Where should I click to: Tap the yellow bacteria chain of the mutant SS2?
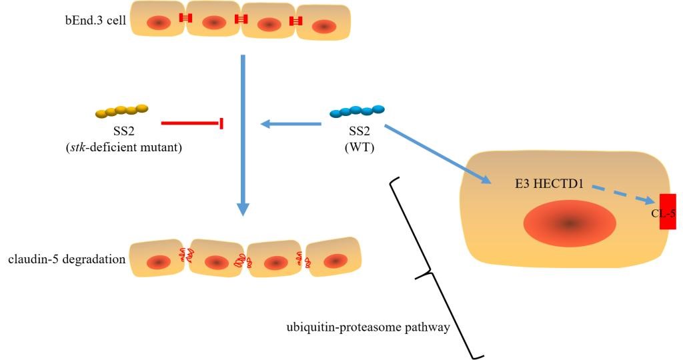tap(121, 110)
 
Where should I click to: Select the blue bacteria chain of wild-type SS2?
tap(358, 111)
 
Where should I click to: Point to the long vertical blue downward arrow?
tap(243, 133)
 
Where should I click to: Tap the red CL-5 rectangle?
tap(667, 211)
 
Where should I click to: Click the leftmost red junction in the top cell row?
tap(185, 18)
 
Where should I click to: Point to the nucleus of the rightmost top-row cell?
tap(325, 27)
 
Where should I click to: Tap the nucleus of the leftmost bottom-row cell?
tap(157, 262)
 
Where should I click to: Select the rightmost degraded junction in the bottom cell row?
tap(307, 260)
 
